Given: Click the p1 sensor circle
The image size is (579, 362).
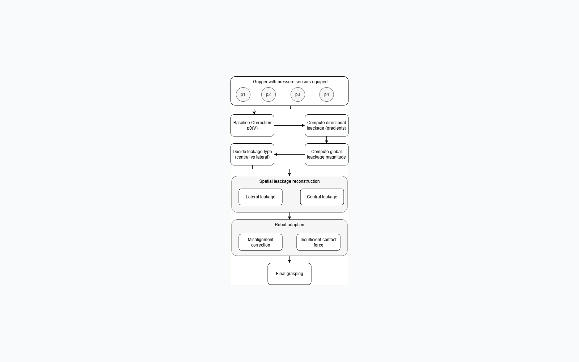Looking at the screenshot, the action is (x=243, y=94).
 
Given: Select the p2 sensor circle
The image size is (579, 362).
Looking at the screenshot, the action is (x=268, y=94).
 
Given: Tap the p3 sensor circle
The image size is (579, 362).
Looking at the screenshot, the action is (x=297, y=94).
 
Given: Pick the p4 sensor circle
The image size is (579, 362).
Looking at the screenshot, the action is (x=326, y=94).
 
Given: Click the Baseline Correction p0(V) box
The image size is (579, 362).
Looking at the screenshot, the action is (x=252, y=125).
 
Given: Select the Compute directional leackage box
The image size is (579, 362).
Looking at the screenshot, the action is (x=326, y=125).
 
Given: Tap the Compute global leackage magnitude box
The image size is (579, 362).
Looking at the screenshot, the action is (x=326, y=154).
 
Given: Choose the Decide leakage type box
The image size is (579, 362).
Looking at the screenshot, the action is (x=252, y=154).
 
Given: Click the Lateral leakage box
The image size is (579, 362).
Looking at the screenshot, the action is (x=261, y=197).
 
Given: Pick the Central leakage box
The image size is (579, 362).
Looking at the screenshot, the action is (x=322, y=197).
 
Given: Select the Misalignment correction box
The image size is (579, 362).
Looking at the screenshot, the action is (x=261, y=242).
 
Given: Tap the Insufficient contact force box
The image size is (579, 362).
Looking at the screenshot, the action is (x=318, y=242).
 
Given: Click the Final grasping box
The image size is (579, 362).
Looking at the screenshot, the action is (x=289, y=274).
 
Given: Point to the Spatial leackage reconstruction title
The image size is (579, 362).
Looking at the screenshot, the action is (x=289, y=181).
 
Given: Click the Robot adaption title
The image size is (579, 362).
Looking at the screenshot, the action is (x=289, y=225).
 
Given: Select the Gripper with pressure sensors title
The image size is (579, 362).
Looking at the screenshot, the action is (x=290, y=82).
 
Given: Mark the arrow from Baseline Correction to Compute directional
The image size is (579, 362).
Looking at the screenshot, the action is (x=289, y=125).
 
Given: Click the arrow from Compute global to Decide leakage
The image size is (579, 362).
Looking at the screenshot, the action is (x=289, y=154).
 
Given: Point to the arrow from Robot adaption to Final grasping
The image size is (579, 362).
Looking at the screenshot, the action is (x=289, y=259).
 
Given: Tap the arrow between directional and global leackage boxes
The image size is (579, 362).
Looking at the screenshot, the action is (x=326, y=140).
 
